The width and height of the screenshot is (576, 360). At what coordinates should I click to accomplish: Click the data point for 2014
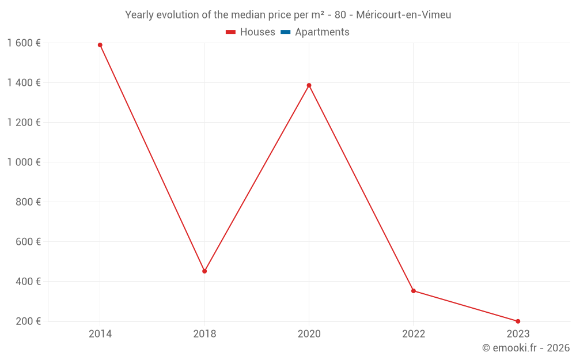(x=100, y=45)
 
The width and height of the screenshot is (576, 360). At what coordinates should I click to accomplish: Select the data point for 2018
(x=204, y=271)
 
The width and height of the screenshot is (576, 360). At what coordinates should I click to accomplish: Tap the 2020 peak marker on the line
(x=309, y=85)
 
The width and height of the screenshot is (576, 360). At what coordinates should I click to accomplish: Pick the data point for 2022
(x=414, y=291)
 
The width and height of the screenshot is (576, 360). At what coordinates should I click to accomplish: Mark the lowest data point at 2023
(x=518, y=321)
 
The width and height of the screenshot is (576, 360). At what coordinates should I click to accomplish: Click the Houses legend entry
(x=257, y=32)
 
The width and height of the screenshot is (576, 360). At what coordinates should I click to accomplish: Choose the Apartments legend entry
(x=322, y=32)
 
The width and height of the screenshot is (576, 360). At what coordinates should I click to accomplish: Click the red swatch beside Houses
(x=230, y=32)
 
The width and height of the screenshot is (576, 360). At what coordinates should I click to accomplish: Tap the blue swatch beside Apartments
(x=285, y=32)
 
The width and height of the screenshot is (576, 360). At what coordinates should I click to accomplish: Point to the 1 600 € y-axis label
(x=24, y=43)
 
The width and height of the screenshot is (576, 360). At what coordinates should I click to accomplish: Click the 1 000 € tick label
(x=24, y=162)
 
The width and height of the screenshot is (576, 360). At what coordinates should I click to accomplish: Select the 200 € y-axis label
(x=28, y=321)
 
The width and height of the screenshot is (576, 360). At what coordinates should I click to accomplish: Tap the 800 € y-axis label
(x=28, y=202)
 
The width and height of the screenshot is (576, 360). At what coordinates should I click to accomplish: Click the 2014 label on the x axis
(x=100, y=334)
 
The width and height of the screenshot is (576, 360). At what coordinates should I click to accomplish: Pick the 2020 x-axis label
(x=309, y=334)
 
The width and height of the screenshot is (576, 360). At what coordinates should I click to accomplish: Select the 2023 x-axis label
(x=518, y=334)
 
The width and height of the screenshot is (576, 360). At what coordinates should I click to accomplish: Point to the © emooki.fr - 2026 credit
(x=526, y=348)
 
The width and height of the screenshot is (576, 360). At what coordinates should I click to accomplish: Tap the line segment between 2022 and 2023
(x=465, y=306)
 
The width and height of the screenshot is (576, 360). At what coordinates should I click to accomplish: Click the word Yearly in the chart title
(x=139, y=15)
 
